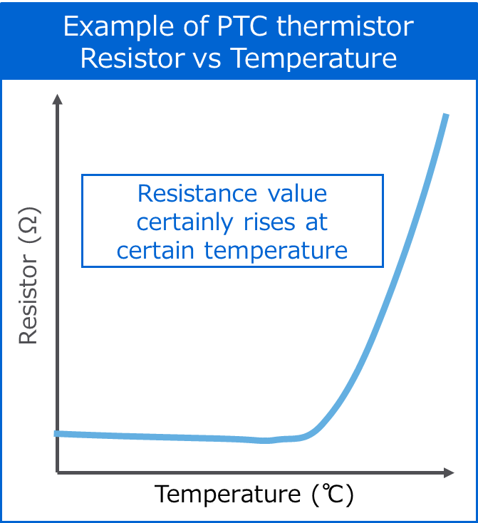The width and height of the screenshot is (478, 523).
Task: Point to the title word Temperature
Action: click(314, 58)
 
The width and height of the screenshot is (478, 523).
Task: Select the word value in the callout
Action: click(294, 193)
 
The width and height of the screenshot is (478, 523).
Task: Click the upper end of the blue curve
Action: click(446, 116)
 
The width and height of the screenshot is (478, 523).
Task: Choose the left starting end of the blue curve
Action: click(57, 433)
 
